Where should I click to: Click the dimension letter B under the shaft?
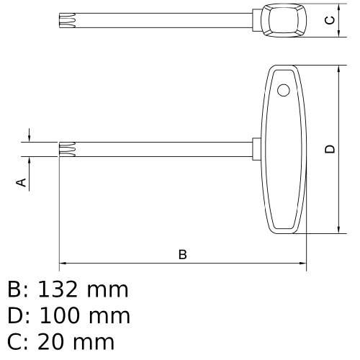click(x=182, y=254)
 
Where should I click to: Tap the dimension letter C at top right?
click(x=330, y=20)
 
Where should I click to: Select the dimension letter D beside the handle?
click(x=330, y=149)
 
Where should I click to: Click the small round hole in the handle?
click(x=283, y=90)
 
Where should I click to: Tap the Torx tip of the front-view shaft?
click(x=66, y=149)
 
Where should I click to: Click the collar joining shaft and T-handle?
click(x=257, y=148)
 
